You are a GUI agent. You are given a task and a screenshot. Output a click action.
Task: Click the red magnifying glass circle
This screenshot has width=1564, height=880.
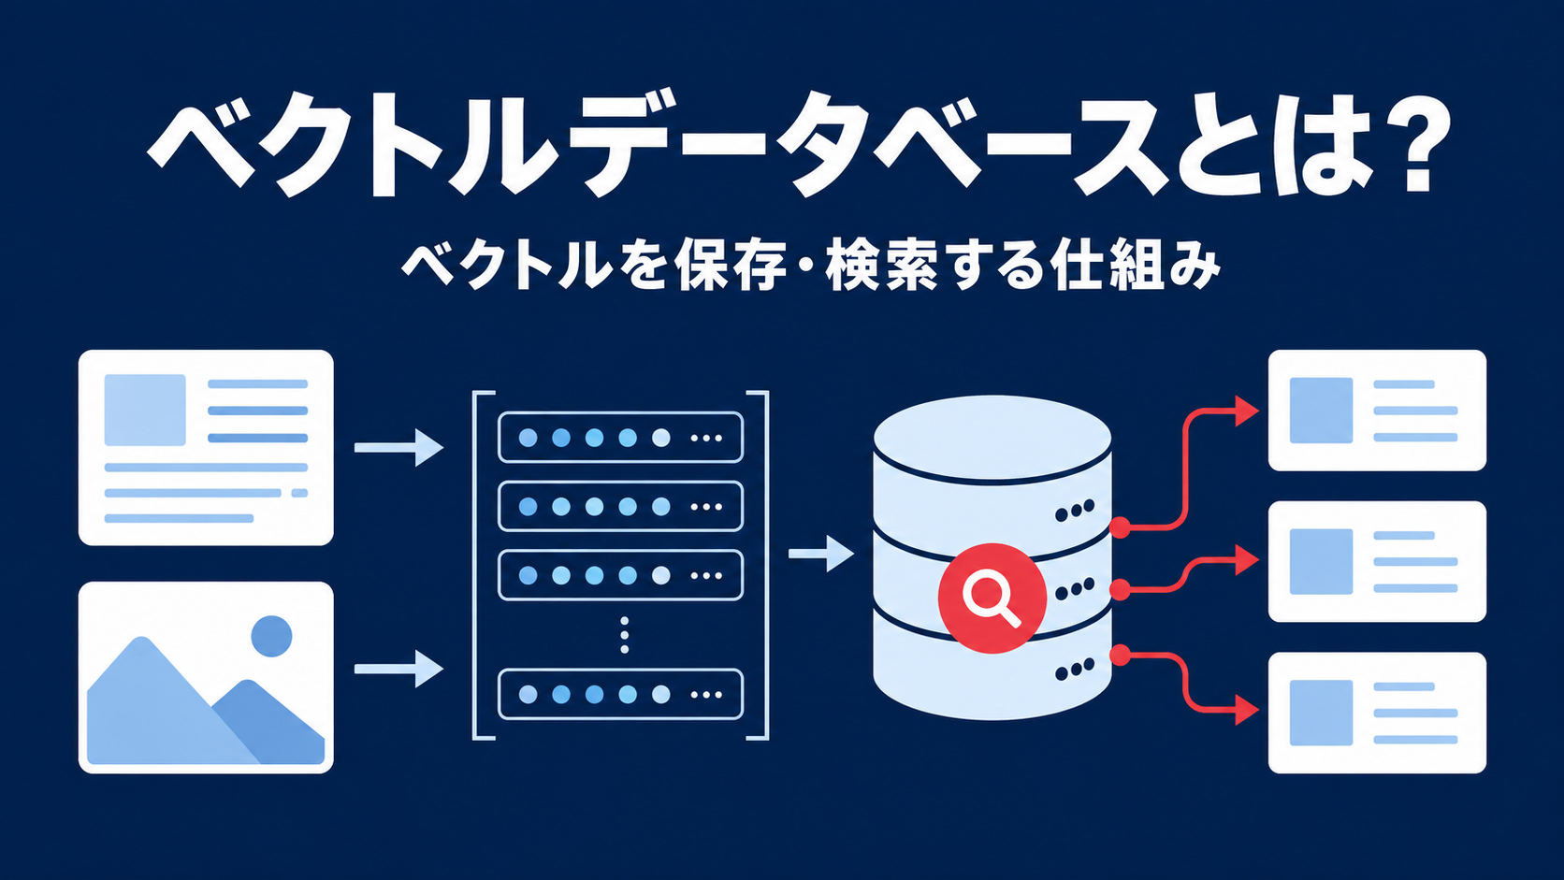tap(992, 599)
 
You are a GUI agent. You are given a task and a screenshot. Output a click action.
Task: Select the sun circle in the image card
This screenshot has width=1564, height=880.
tap(271, 636)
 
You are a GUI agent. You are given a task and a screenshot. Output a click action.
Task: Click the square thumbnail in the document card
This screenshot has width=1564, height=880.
tap(145, 410)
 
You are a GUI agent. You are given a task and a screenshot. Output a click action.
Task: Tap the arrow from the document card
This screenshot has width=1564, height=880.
tap(398, 447)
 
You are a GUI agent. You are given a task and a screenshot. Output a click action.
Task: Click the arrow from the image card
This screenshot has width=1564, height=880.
tap(398, 669)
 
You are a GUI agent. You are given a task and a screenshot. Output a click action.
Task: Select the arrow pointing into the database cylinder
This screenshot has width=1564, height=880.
tap(821, 554)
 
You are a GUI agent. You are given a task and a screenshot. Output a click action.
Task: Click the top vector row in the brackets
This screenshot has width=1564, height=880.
tap(620, 438)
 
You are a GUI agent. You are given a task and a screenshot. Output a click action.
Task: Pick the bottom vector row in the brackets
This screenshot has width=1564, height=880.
tap(620, 695)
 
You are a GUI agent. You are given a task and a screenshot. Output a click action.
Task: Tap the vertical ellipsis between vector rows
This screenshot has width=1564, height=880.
tap(624, 635)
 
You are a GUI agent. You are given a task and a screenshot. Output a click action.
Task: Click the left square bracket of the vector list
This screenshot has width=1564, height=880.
tap(475, 565)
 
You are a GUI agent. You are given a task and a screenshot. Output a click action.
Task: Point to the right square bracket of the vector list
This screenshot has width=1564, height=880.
tap(766, 565)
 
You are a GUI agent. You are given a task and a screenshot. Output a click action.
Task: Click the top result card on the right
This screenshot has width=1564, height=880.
tap(1377, 411)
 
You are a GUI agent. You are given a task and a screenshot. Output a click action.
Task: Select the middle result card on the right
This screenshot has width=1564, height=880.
tap(1377, 562)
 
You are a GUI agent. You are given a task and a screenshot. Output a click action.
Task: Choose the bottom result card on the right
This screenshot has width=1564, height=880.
tap(1377, 713)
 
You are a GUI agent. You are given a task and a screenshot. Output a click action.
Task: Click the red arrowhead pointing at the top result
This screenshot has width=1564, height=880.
tap(1246, 411)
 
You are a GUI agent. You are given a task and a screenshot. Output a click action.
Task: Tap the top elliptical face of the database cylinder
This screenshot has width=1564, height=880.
tap(992, 438)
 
